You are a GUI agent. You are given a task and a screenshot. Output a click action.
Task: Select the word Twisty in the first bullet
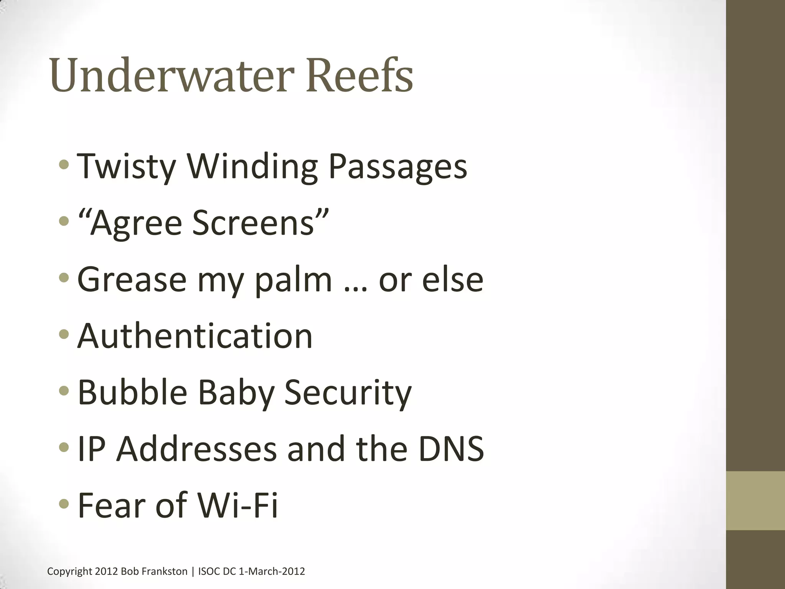click(126, 166)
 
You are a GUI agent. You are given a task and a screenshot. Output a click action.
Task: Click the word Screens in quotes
click(253, 223)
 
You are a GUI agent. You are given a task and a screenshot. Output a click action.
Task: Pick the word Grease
click(132, 280)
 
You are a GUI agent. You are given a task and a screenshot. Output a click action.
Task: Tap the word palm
click(293, 280)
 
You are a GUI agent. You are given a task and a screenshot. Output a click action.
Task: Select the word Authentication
click(195, 336)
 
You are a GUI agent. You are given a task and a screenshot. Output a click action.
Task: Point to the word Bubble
click(132, 392)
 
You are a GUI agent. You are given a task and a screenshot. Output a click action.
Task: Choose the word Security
click(348, 392)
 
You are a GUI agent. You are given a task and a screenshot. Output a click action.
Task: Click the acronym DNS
click(451, 448)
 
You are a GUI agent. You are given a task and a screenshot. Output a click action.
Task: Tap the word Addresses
click(196, 448)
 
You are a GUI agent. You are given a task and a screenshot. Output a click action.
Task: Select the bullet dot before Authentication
click(64, 334)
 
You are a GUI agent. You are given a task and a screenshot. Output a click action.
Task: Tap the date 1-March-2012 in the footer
click(272, 571)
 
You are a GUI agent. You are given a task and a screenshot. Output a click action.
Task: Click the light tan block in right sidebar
click(755, 500)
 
